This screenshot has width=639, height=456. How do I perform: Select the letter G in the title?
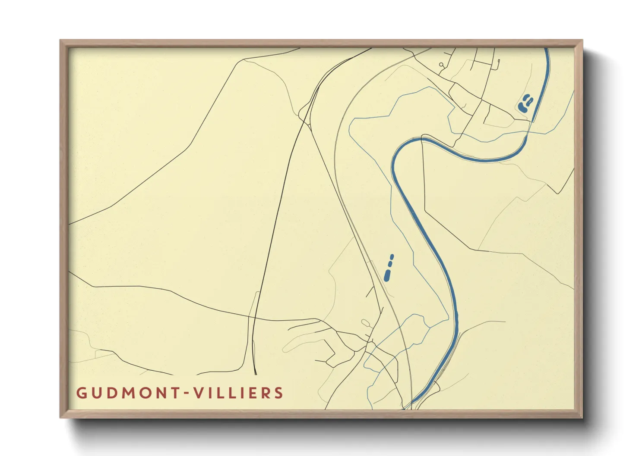[x=81, y=393]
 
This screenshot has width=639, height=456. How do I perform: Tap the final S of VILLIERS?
[x=279, y=393]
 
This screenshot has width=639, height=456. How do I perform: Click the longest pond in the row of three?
[x=387, y=275]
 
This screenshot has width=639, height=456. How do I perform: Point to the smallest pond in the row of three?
[x=392, y=257]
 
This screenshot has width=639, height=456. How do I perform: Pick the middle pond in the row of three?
[x=390, y=263]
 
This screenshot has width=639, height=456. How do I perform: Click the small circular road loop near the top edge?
[x=441, y=65]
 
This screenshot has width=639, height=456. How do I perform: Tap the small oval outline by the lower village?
[x=366, y=323]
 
